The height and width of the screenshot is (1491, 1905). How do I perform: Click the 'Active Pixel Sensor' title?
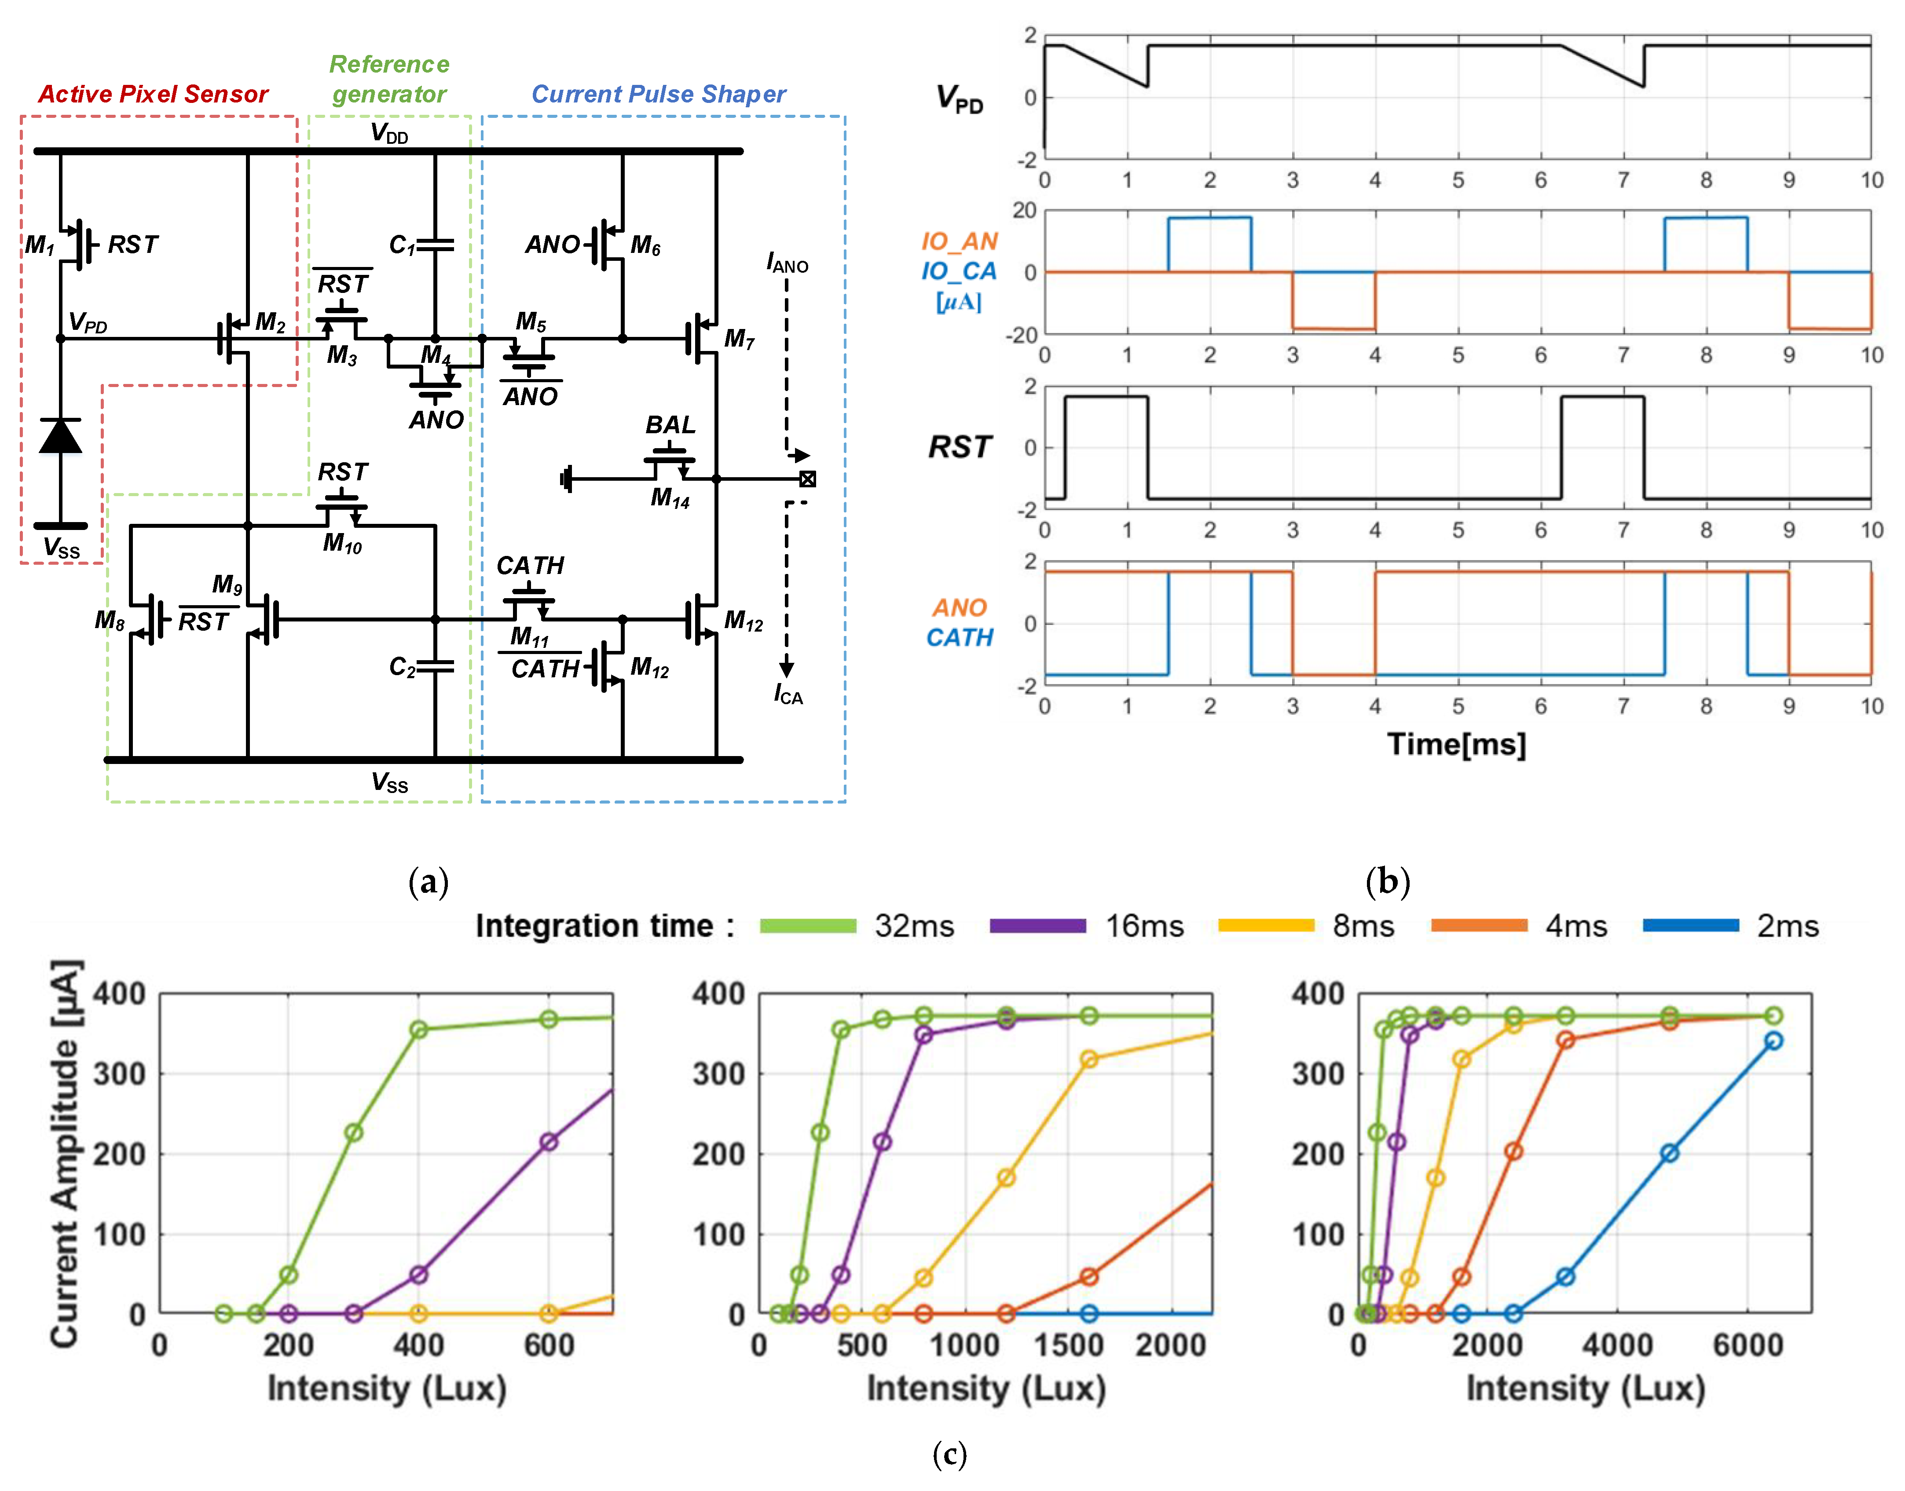153,94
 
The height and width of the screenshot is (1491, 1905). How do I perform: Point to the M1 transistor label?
39,245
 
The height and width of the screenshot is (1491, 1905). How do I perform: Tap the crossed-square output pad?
808,479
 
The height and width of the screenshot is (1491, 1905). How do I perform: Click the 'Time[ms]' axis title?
1456,745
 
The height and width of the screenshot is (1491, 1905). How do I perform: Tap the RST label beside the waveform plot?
960,447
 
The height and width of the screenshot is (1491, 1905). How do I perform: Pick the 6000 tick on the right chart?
1747,1345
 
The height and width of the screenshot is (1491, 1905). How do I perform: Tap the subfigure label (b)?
1387,882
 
